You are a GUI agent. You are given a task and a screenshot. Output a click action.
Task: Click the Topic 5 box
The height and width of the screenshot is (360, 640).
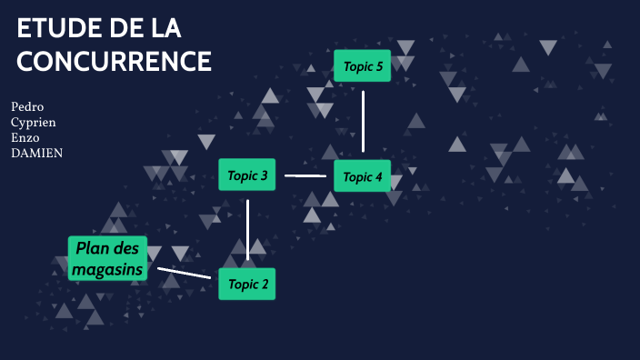tap(363, 65)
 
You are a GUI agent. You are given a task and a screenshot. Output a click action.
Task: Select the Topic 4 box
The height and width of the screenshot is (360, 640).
tap(363, 176)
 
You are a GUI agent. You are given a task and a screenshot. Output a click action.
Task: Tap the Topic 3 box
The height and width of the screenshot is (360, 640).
tap(247, 175)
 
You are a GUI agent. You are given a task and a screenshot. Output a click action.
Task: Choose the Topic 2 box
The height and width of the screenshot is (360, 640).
tap(247, 285)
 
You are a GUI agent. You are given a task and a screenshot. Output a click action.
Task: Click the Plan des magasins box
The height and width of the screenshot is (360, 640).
tap(108, 258)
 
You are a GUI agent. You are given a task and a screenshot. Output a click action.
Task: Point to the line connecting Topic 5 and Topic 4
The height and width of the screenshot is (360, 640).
tap(363, 121)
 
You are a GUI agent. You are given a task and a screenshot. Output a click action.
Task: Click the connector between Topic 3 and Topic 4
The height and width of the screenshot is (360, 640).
tap(305, 175)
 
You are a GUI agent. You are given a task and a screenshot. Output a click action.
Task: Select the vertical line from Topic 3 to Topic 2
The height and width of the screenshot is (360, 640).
tap(247, 229)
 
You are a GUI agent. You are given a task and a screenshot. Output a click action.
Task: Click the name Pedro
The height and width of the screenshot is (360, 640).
tap(27, 106)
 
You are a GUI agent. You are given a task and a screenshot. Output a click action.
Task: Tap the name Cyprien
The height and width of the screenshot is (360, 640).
tap(33, 122)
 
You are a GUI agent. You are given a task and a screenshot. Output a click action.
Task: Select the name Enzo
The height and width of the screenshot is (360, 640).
tap(25, 137)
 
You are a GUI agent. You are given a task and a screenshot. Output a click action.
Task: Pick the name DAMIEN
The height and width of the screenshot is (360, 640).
tap(36, 153)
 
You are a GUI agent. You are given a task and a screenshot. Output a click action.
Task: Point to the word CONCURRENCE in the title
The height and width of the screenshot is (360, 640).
tap(114, 61)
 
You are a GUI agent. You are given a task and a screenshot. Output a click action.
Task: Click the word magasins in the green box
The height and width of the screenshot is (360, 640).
tap(108, 270)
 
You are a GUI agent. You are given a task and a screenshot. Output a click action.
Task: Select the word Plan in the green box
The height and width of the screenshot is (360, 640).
tap(92, 247)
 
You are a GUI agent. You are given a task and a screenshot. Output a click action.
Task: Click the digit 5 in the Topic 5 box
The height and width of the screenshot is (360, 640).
tap(380, 65)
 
